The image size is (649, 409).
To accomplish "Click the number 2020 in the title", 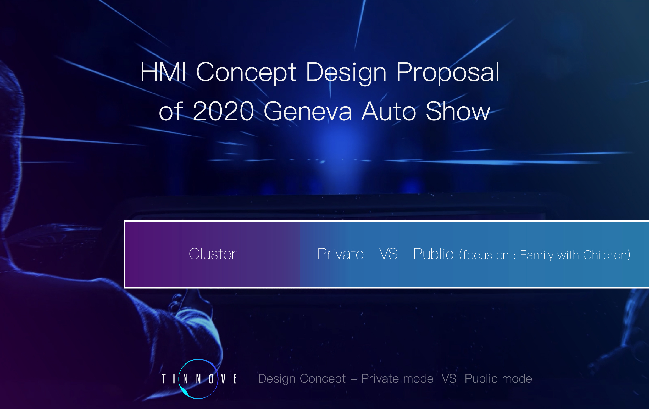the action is pos(223,111).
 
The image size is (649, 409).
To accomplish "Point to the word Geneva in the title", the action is pos(308,111).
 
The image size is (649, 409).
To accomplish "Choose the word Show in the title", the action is pos(458,111).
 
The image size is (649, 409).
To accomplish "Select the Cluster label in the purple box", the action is pos(213,254).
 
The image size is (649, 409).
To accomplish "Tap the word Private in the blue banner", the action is pos(341,254).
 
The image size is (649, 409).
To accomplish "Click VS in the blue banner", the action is pos(388,254).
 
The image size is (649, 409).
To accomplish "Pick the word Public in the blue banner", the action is pos(433,254).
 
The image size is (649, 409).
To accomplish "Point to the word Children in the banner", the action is pos(606,255).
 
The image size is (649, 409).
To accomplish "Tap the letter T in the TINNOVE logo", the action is pos(164,379).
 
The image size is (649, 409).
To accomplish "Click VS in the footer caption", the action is pos(449,379).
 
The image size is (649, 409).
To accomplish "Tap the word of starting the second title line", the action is pos(171,111).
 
